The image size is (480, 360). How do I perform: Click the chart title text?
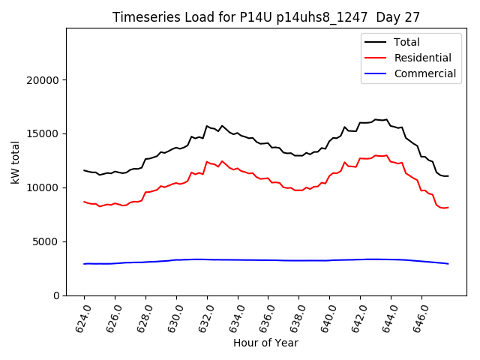pos(265,17)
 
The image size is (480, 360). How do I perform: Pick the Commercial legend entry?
pos(424,73)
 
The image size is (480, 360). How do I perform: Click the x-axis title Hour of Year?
pos(265,343)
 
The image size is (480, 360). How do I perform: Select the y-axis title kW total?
pos(15,162)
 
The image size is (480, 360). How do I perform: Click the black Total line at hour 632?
pos(207,127)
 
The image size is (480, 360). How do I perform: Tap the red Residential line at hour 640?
pos(330,175)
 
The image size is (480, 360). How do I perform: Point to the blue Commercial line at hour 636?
pos(268,260)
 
